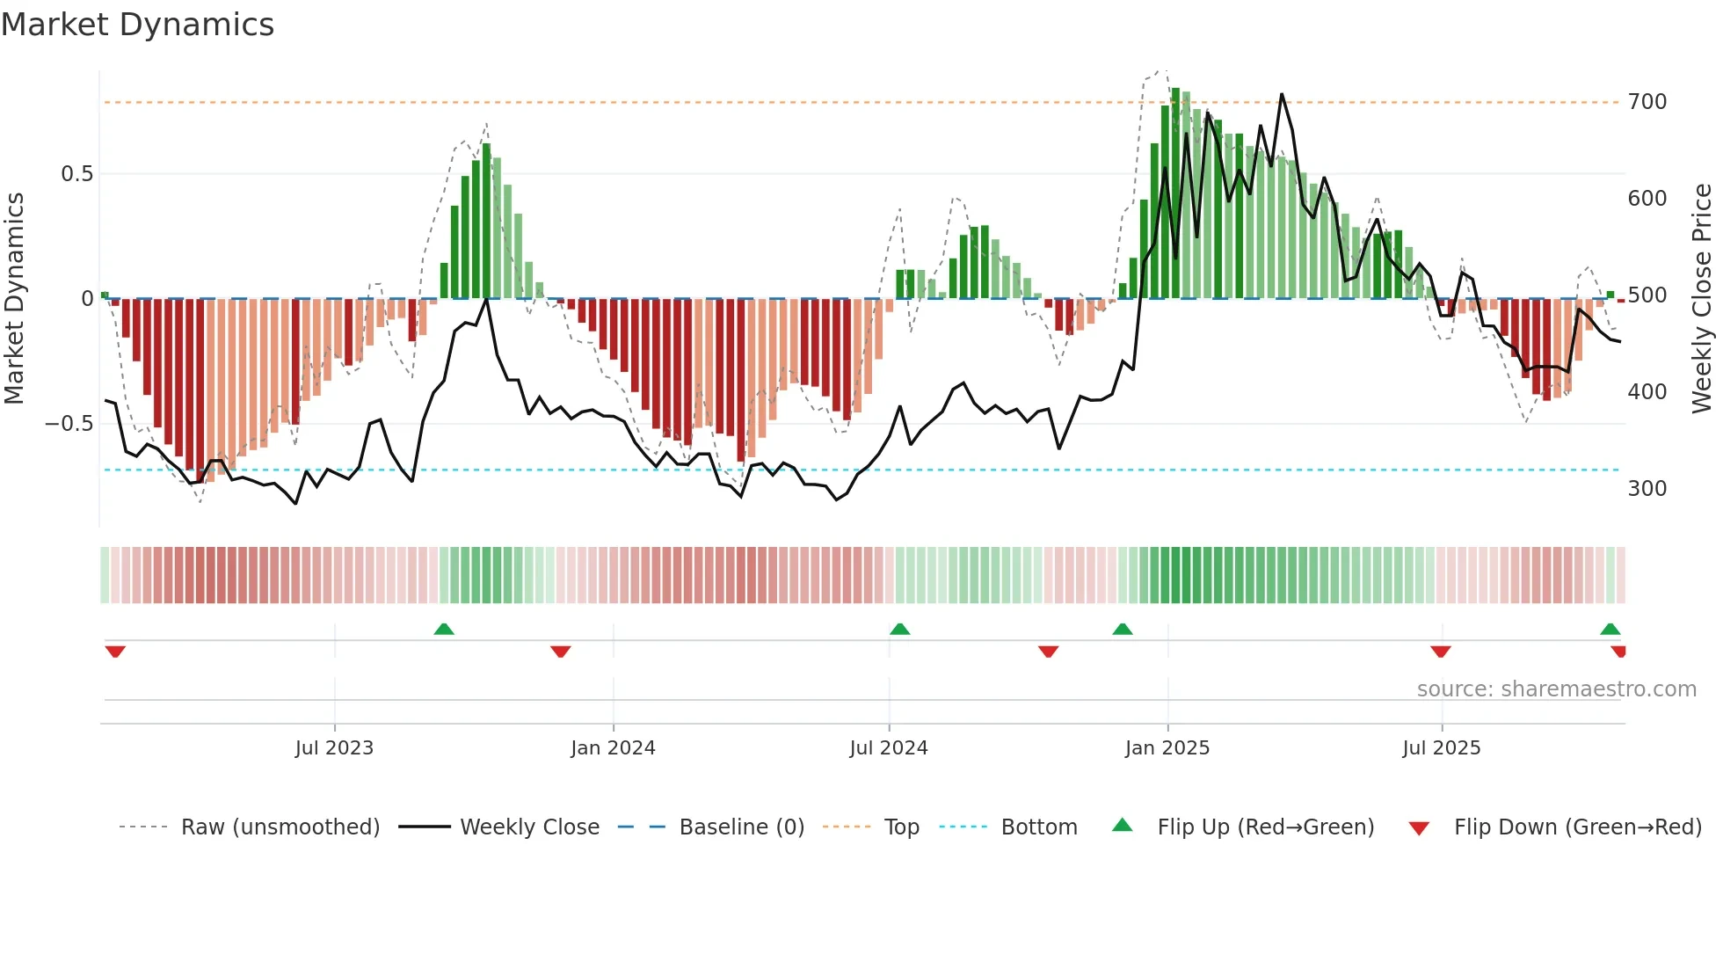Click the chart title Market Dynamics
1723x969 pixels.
tap(137, 25)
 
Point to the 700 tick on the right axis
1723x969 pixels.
tap(1647, 102)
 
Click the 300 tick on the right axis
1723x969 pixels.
tap(1647, 489)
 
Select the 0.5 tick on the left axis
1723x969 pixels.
tap(76, 174)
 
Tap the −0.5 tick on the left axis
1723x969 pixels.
tap(69, 424)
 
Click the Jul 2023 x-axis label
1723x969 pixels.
tap(334, 748)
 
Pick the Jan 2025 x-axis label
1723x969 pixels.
tap(1167, 748)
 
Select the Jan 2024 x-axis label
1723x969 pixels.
tap(613, 748)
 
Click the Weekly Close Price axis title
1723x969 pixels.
tap(1702, 299)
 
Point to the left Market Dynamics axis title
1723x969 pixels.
tap(14, 299)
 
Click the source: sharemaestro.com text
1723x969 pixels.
tap(1556, 689)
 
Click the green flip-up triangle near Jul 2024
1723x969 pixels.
tap(899, 629)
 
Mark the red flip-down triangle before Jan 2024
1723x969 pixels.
tap(561, 652)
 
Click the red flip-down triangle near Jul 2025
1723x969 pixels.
tap(1440, 652)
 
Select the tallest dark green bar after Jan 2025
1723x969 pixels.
tap(1175, 193)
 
